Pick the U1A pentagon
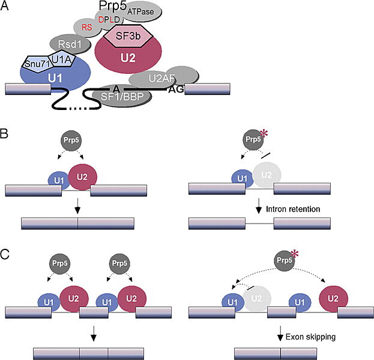pyautogui.click(x=60, y=59)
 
